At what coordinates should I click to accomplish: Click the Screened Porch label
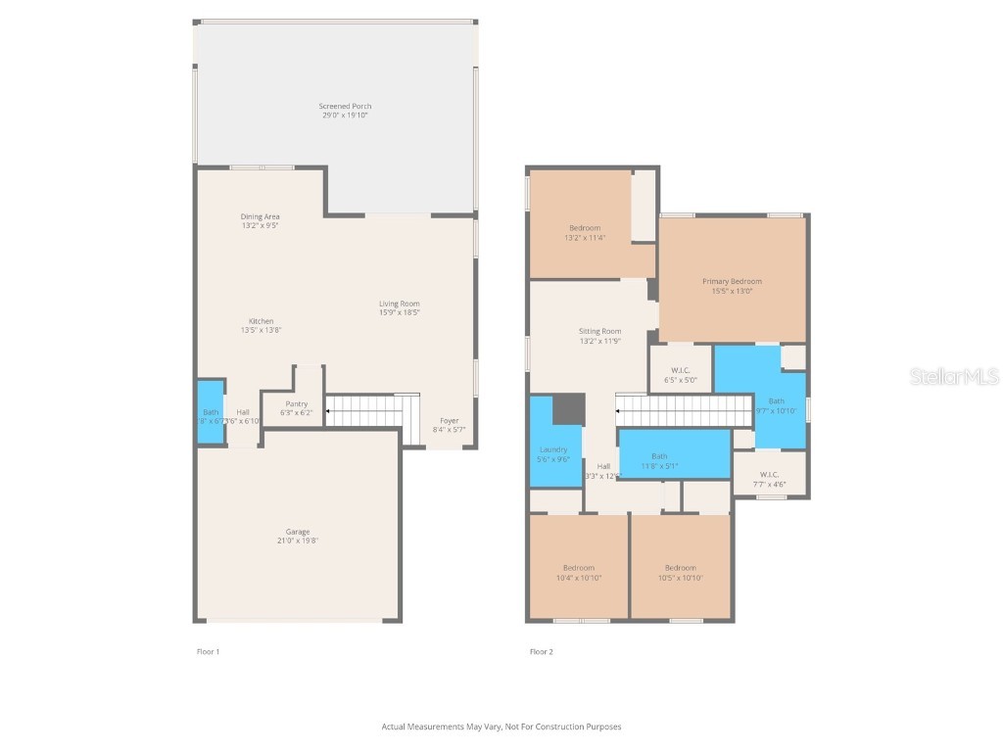pyautogui.click(x=345, y=111)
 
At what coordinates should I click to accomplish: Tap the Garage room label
pyautogui.click(x=298, y=536)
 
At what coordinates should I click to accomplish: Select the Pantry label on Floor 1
pyautogui.click(x=296, y=408)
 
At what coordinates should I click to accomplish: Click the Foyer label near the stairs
pyautogui.click(x=449, y=424)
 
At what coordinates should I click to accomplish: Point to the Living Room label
pyautogui.click(x=399, y=308)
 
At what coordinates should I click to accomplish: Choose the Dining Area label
pyautogui.click(x=261, y=220)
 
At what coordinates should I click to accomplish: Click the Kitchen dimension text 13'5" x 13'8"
pyautogui.click(x=261, y=331)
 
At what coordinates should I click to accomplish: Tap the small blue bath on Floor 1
pyautogui.click(x=211, y=412)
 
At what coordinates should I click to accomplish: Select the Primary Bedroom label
pyautogui.click(x=732, y=285)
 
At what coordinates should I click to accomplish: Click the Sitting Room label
pyautogui.click(x=599, y=336)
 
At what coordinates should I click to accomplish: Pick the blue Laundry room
pyautogui.click(x=552, y=453)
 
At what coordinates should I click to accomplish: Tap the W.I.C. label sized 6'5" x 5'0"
pyautogui.click(x=682, y=374)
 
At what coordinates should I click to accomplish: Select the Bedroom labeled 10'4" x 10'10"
pyautogui.click(x=578, y=573)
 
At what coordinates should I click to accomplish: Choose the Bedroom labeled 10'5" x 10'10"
pyautogui.click(x=680, y=573)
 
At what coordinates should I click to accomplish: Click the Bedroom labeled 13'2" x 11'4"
pyautogui.click(x=585, y=233)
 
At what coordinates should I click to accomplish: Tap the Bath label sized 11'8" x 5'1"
pyautogui.click(x=659, y=460)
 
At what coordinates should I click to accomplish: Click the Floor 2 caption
pyautogui.click(x=541, y=651)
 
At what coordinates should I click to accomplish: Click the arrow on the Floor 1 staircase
pyautogui.click(x=329, y=411)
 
